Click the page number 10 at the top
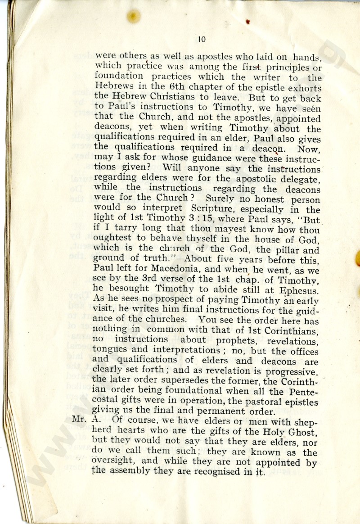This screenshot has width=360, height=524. click(201, 40)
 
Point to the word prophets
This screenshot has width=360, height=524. click(243, 341)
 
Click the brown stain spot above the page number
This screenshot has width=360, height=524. click(133, 16)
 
